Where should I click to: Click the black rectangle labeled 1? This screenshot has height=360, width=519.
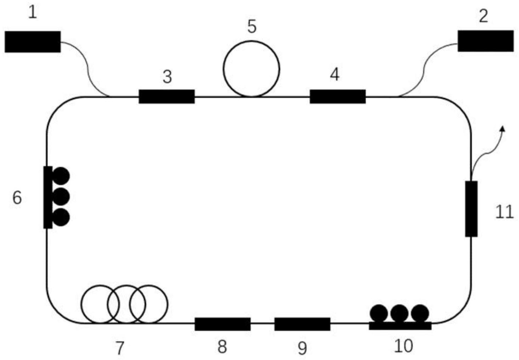click(33, 42)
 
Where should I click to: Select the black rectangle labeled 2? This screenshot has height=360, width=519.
click(485, 41)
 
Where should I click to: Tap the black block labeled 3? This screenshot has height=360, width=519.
click(166, 96)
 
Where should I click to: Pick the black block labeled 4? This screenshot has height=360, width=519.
click(337, 96)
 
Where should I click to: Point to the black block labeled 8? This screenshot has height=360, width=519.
click(222, 324)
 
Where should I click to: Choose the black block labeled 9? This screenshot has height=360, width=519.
click(302, 324)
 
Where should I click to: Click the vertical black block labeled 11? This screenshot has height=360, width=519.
click(471, 209)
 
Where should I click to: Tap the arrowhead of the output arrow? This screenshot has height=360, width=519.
click(503, 128)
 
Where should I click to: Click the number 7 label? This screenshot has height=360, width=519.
click(120, 348)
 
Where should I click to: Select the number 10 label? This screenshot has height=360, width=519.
click(403, 346)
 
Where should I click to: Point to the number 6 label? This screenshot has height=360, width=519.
click(17, 198)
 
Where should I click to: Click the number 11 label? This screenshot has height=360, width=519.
click(504, 213)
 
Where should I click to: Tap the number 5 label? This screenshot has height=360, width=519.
click(252, 27)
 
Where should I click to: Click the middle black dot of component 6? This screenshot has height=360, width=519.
click(61, 197)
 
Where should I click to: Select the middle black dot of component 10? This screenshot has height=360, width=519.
click(399, 313)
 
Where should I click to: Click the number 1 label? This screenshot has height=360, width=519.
click(32, 13)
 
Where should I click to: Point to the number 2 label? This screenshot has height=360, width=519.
click(484, 16)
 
